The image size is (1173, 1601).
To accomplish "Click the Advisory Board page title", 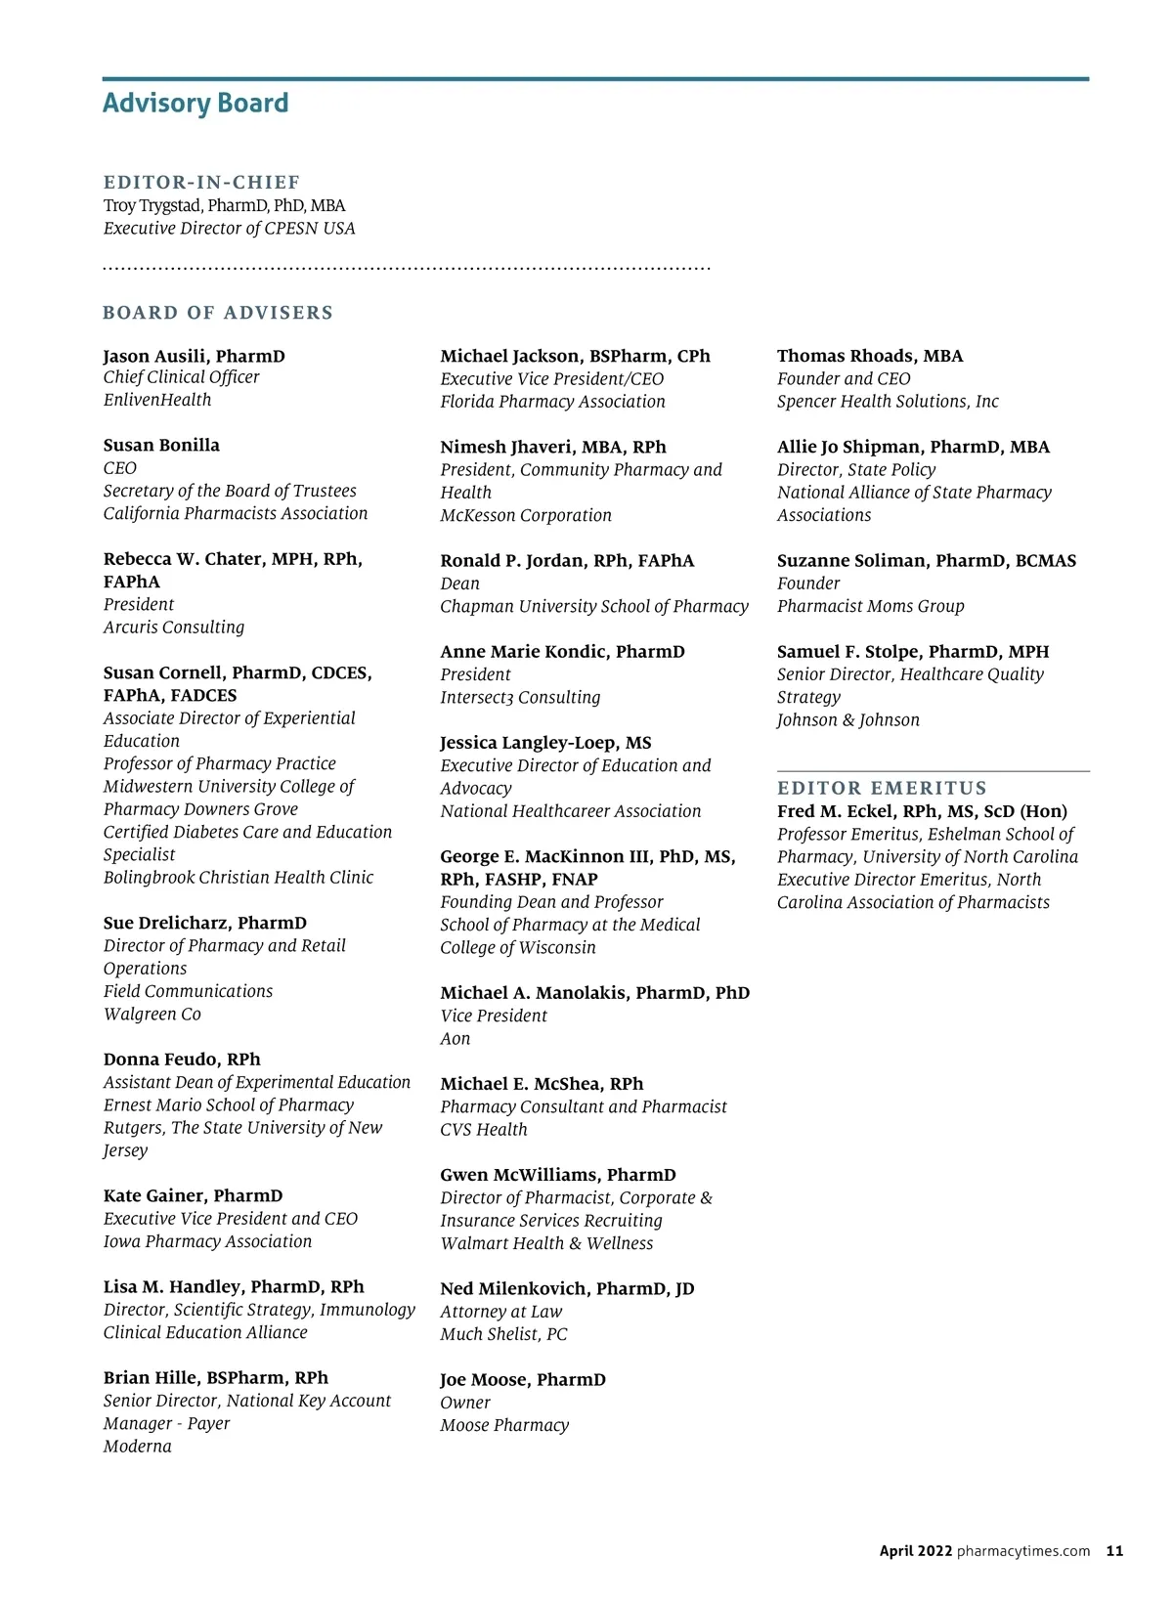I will [195, 104].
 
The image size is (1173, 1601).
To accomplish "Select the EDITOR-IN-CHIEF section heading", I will [201, 183].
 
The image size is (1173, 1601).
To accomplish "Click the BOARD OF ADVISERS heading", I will [218, 313].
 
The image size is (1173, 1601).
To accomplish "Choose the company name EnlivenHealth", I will [157, 400].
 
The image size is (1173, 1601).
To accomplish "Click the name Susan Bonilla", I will [161, 446].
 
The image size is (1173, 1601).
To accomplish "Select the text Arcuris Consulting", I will [174, 627].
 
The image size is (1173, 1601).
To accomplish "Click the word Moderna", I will [138, 1447].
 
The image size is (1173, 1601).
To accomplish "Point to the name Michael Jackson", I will [509, 356].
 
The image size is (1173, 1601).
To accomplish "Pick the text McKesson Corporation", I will [526, 515].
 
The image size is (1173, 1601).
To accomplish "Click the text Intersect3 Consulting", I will [520, 698].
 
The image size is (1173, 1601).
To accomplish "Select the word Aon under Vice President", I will [456, 1039].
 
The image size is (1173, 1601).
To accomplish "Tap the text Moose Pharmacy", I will [504, 1425].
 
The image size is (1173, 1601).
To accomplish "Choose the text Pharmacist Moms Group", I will [870, 606].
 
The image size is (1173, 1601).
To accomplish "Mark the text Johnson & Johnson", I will [847, 720].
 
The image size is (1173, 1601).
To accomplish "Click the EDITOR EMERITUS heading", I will [882, 788].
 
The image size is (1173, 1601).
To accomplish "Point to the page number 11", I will [1114, 1550].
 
